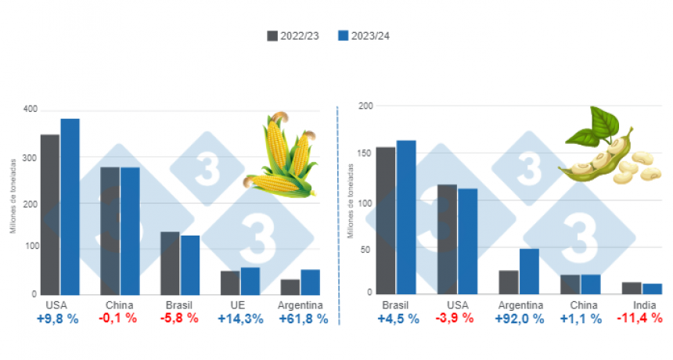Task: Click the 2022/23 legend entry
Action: (x=293, y=36)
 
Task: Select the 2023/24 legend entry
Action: (x=364, y=36)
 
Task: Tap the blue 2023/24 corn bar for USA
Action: (x=70, y=207)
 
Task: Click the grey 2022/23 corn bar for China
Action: (x=110, y=231)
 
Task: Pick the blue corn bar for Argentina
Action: (x=311, y=283)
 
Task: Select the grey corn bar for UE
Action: (x=230, y=283)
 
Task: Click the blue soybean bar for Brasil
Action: (x=406, y=218)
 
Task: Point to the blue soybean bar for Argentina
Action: (x=529, y=272)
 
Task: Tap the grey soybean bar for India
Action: (x=632, y=288)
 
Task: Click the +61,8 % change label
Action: (x=304, y=319)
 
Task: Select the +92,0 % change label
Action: (x=520, y=319)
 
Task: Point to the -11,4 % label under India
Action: (x=639, y=319)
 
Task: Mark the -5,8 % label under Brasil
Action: (x=179, y=319)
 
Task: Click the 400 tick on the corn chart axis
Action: (x=30, y=110)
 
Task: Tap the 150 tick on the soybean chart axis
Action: (x=364, y=153)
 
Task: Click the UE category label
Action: (x=237, y=305)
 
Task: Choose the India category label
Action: (x=644, y=305)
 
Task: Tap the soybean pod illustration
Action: (x=610, y=146)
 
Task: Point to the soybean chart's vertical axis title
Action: (x=351, y=201)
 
